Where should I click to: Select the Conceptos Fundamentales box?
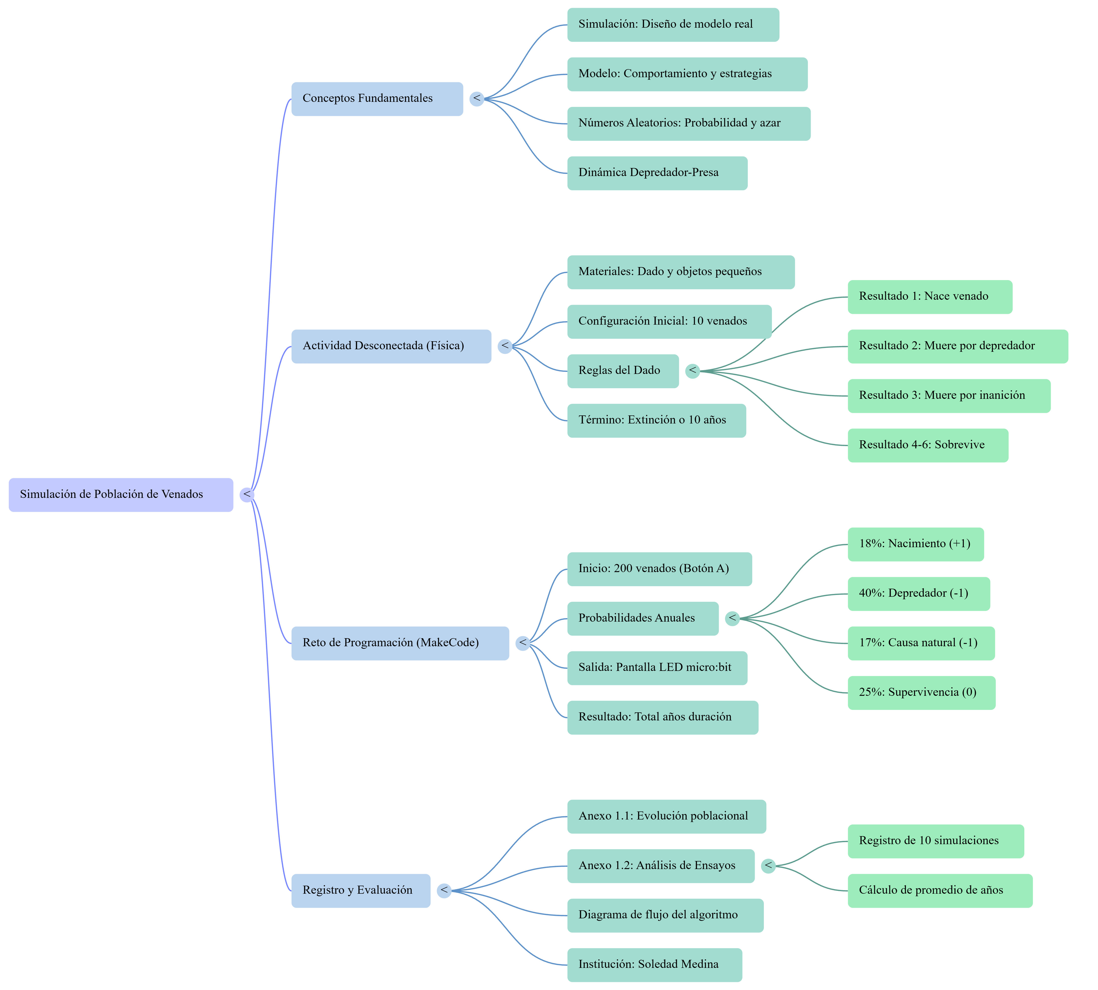coord(377,99)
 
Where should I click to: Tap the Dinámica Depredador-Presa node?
coord(657,173)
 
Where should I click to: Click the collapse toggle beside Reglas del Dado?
coord(692,371)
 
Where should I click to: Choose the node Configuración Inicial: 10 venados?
coord(669,321)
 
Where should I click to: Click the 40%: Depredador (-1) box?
coord(918,593)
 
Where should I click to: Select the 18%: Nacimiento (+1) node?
coord(915,544)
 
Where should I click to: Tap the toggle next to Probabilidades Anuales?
coord(732,619)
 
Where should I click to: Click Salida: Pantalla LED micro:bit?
coord(657,668)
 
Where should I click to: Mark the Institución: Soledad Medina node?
coord(654,965)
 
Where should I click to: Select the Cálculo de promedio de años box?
coord(940,890)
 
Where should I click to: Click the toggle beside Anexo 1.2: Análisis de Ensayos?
coord(768,866)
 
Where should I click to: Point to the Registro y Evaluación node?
coord(361,890)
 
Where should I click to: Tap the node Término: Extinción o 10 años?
coord(656,420)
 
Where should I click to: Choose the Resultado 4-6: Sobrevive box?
coord(928,446)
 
